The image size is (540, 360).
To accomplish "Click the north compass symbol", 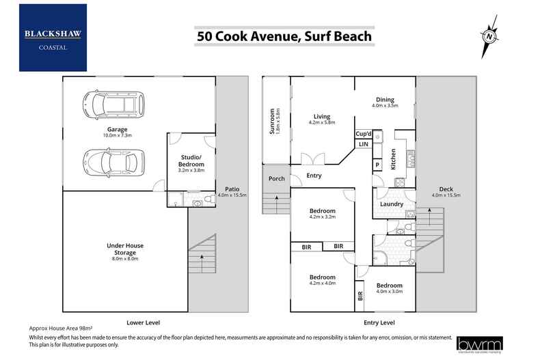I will coord(489,37).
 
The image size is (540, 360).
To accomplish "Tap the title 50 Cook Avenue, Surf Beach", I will coord(284,36).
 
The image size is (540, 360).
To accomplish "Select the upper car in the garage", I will coord(113,105).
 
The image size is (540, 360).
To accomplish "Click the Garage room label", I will coord(117,129).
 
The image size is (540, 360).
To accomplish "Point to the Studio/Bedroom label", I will coord(191,161).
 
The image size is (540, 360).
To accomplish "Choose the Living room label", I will coord(323,115).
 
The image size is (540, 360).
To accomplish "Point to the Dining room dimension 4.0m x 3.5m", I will coord(385,106).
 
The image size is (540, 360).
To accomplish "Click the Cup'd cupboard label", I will coord(363,135).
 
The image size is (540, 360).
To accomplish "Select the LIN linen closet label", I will coord(363,145).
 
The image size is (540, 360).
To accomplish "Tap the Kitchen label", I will coord(394,158).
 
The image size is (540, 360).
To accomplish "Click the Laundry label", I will coord(392,204).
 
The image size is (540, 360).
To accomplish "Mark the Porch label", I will coord(277,179).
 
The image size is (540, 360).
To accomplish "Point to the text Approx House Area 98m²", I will coord(62,329).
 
